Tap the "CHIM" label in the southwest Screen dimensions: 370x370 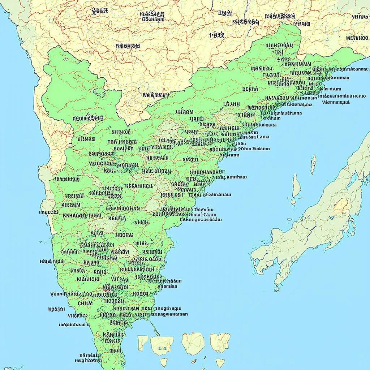coord(85,304)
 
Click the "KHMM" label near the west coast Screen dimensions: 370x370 coord(71,205)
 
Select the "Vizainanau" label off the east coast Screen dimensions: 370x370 coord(217,194)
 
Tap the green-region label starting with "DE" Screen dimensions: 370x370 coord(250,89)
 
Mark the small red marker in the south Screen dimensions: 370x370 coord(106,289)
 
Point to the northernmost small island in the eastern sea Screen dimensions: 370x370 coord(313,164)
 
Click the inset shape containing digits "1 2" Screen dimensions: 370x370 coord(162,345)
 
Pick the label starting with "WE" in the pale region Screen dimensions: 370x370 coord(155,95)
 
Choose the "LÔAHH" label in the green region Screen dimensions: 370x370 coord(232,104)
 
